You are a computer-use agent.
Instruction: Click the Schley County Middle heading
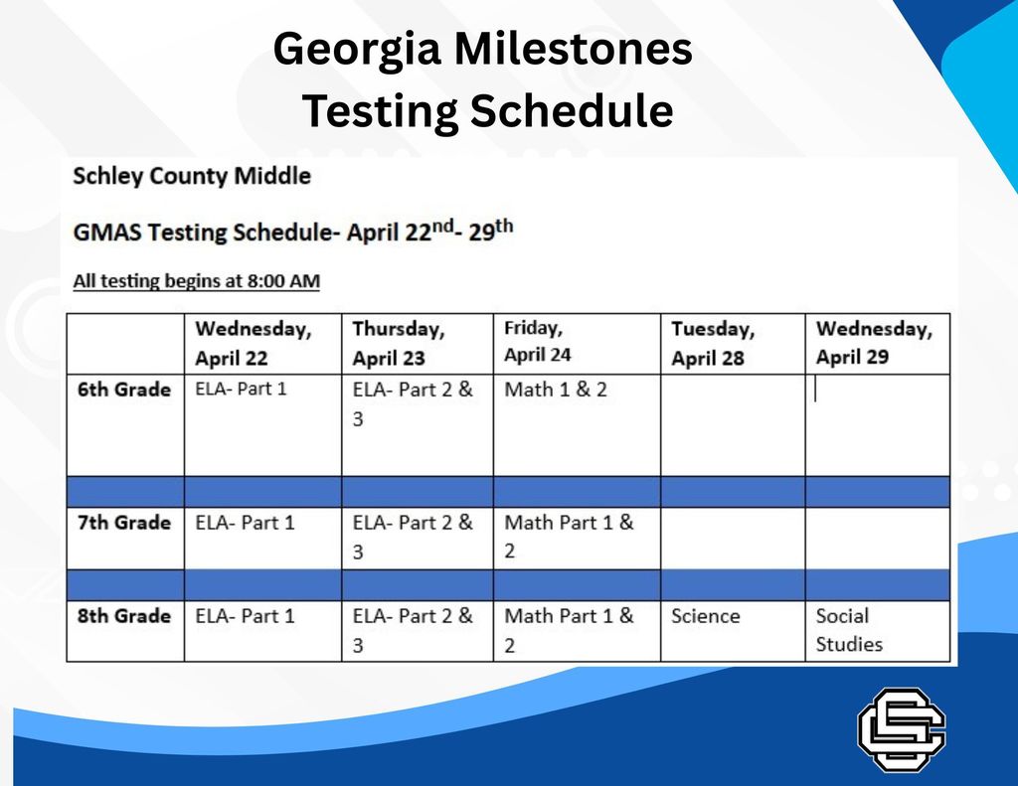point(192,177)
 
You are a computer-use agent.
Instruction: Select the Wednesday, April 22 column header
point(253,343)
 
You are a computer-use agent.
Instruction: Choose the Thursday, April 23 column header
point(399,343)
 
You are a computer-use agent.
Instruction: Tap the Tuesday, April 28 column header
point(713,343)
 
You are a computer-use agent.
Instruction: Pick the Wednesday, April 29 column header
point(874,343)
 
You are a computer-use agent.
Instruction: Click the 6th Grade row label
point(124,390)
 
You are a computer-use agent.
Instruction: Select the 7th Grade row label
point(124,523)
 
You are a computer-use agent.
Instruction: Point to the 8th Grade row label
point(124,616)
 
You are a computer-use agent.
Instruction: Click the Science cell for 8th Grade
point(706,616)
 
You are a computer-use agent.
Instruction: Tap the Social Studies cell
point(849,630)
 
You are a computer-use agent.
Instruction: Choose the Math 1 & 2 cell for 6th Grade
point(556,390)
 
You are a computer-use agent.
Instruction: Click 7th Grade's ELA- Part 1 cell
point(246,523)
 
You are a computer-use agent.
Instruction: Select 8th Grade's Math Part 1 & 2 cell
point(569,630)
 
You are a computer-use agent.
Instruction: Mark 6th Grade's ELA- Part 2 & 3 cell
point(413,403)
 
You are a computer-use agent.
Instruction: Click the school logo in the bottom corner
point(902,729)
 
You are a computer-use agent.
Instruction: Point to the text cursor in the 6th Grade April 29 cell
point(816,390)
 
